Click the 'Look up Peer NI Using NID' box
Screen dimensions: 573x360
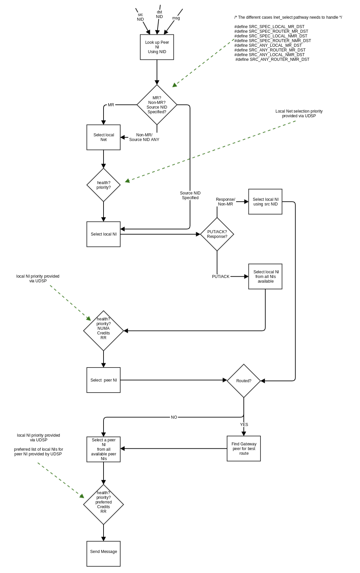(x=157, y=47)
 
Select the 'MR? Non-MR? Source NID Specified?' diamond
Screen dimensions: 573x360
(x=157, y=105)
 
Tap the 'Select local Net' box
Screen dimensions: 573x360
(x=104, y=137)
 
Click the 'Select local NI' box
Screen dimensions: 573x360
(x=104, y=234)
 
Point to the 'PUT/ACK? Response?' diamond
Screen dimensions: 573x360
(x=217, y=234)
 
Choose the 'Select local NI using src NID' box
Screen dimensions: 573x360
(x=265, y=202)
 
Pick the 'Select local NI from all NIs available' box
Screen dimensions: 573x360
(x=265, y=277)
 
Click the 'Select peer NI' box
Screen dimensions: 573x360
(x=104, y=380)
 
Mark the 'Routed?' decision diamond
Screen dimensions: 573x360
(x=244, y=381)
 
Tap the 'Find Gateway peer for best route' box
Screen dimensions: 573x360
(x=244, y=449)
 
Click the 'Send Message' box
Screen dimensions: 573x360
(x=104, y=552)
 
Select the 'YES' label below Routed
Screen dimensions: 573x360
(x=244, y=425)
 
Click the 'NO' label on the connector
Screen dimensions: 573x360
(x=174, y=417)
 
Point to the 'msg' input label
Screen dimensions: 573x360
(x=176, y=18)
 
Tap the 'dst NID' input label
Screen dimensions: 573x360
(x=159, y=14)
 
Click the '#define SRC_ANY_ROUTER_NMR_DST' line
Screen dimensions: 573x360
(x=272, y=59)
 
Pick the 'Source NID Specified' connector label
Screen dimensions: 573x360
(x=190, y=195)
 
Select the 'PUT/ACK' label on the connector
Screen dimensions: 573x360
(x=221, y=277)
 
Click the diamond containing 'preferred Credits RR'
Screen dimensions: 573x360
(x=104, y=505)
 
